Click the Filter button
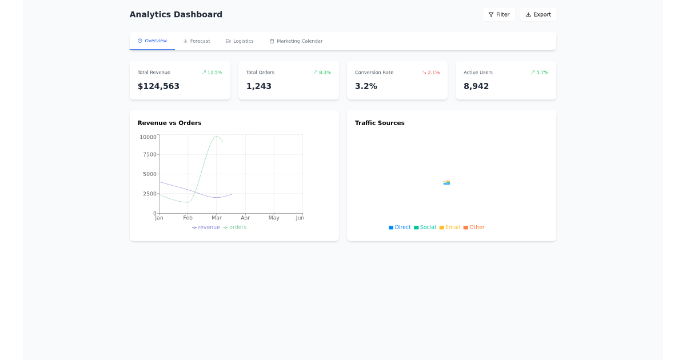[x=498, y=14]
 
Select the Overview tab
[x=152, y=41]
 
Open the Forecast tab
[x=197, y=41]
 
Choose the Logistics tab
[x=240, y=41]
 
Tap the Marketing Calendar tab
[x=296, y=41]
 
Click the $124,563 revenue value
[x=158, y=86]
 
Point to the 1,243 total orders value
[x=259, y=86]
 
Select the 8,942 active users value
[x=476, y=86]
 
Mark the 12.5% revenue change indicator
[x=212, y=73]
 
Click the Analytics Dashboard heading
[x=176, y=14]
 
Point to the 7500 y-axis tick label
[x=150, y=154]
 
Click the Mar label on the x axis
[x=217, y=218]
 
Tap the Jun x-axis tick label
[x=300, y=218]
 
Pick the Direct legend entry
[x=400, y=227]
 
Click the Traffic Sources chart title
[x=380, y=123]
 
